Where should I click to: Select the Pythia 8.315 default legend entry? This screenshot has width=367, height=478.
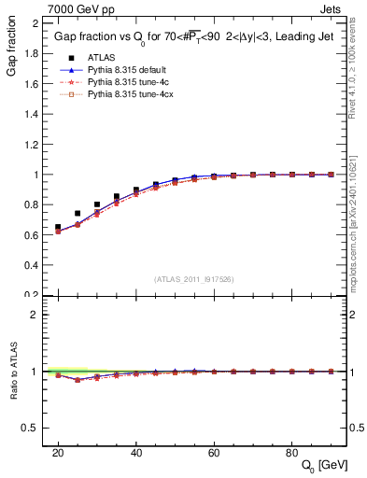click(x=126, y=69)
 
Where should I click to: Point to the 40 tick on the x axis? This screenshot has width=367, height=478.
click(x=136, y=452)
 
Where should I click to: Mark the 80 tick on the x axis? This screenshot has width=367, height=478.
click(x=292, y=452)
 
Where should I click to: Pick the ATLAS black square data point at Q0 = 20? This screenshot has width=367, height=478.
click(x=58, y=227)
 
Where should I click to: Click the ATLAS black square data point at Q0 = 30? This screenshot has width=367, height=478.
click(x=97, y=204)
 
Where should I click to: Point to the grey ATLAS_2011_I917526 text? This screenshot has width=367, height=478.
click(x=193, y=279)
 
